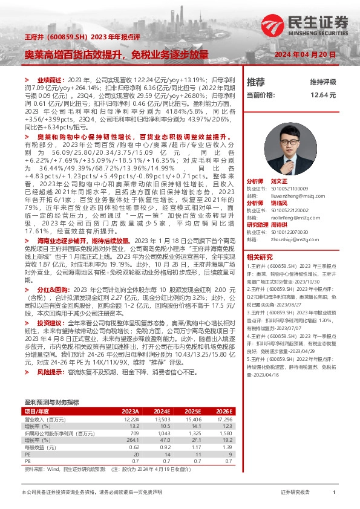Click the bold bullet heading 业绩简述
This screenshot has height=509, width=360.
point(47,80)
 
